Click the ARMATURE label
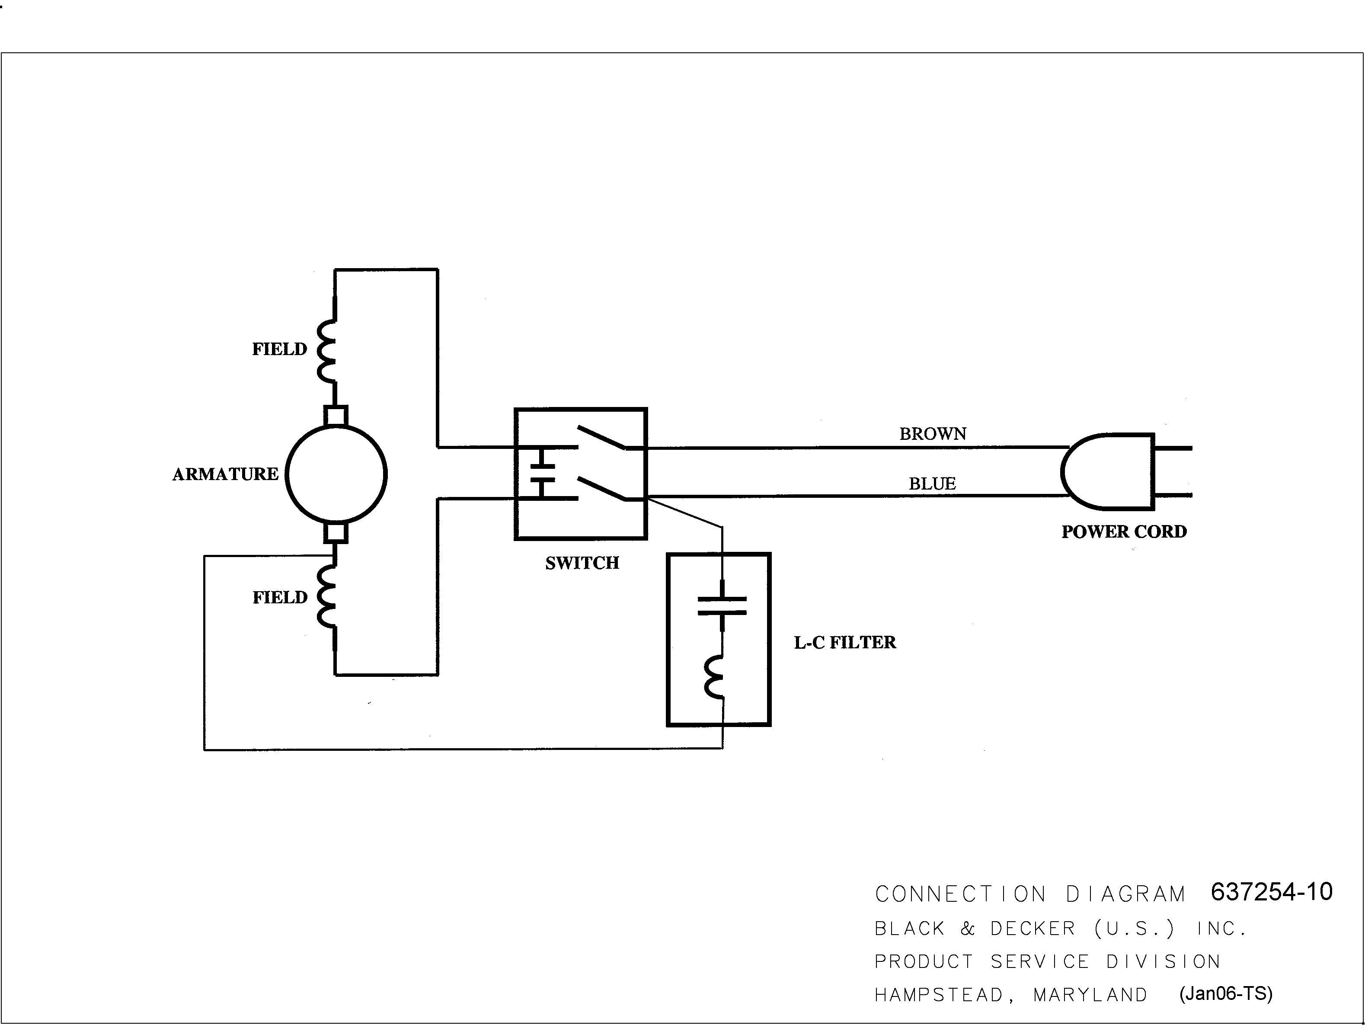tap(225, 474)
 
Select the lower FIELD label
tap(280, 597)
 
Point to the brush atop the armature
tap(336, 415)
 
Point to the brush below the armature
tap(336, 532)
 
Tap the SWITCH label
tap(582, 563)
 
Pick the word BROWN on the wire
tap(933, 434)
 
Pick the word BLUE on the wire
tap(933, 484)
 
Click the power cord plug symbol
tap(1108, 472)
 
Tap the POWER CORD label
tap(1124, 532)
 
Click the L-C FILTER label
tap(845, 642)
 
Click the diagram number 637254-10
tap(1272, 892)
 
